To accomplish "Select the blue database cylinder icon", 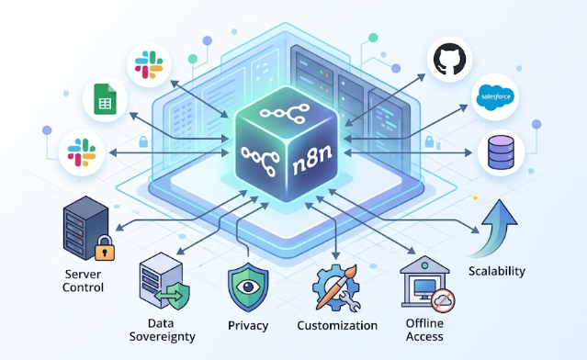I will coord(502,152).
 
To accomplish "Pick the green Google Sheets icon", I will coord(105,101).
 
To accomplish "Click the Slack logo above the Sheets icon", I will coord(148,63).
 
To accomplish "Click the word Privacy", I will coord(248,325).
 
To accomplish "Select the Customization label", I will coord(337,325).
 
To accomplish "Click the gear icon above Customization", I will coord(333,286).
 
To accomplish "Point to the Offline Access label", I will coord(424,330).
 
